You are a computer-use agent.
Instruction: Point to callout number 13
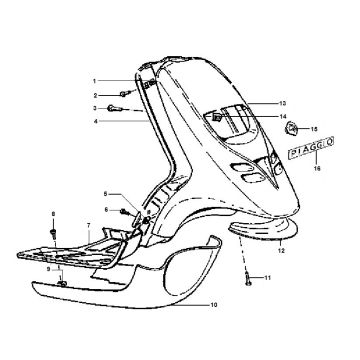tap(282, 103)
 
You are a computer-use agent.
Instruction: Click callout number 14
tap(283, 117)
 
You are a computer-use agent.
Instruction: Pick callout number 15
tap(312, 130)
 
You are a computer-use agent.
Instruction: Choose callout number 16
tap(317, 173)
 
